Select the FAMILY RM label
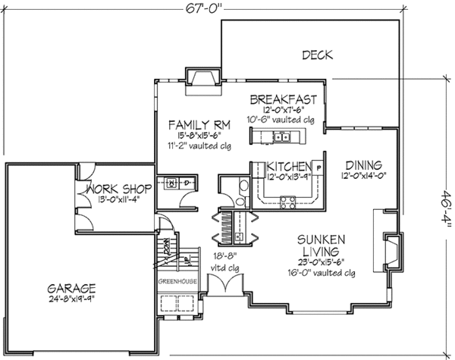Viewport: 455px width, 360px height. pos(196,124)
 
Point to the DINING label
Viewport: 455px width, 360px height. pos(364,164)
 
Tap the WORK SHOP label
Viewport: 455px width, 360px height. pos(119,187)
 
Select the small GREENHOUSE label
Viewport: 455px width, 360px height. pos(177,281)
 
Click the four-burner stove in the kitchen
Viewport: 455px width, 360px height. pos(289,201)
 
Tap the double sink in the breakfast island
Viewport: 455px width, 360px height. pos(279,137)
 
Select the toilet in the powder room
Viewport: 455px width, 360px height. pos(242,187)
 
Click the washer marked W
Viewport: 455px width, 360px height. pos(171,183)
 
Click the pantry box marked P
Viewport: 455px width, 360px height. pos(318,167)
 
